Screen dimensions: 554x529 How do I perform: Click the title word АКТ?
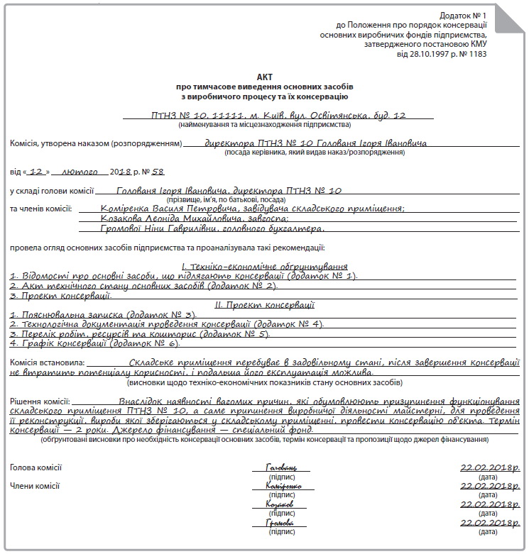(x=264, y=75)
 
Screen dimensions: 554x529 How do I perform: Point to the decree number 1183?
(x=474, y=54)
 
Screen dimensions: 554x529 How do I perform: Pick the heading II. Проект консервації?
(x=264, y=305)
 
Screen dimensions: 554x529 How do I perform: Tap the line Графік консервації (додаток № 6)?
(x=94, y=343)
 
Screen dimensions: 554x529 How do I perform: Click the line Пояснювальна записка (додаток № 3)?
(x=103, y=314)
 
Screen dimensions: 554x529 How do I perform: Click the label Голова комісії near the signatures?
(x=36, y=467)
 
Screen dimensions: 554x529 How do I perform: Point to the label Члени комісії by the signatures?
(x=35, y=486)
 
